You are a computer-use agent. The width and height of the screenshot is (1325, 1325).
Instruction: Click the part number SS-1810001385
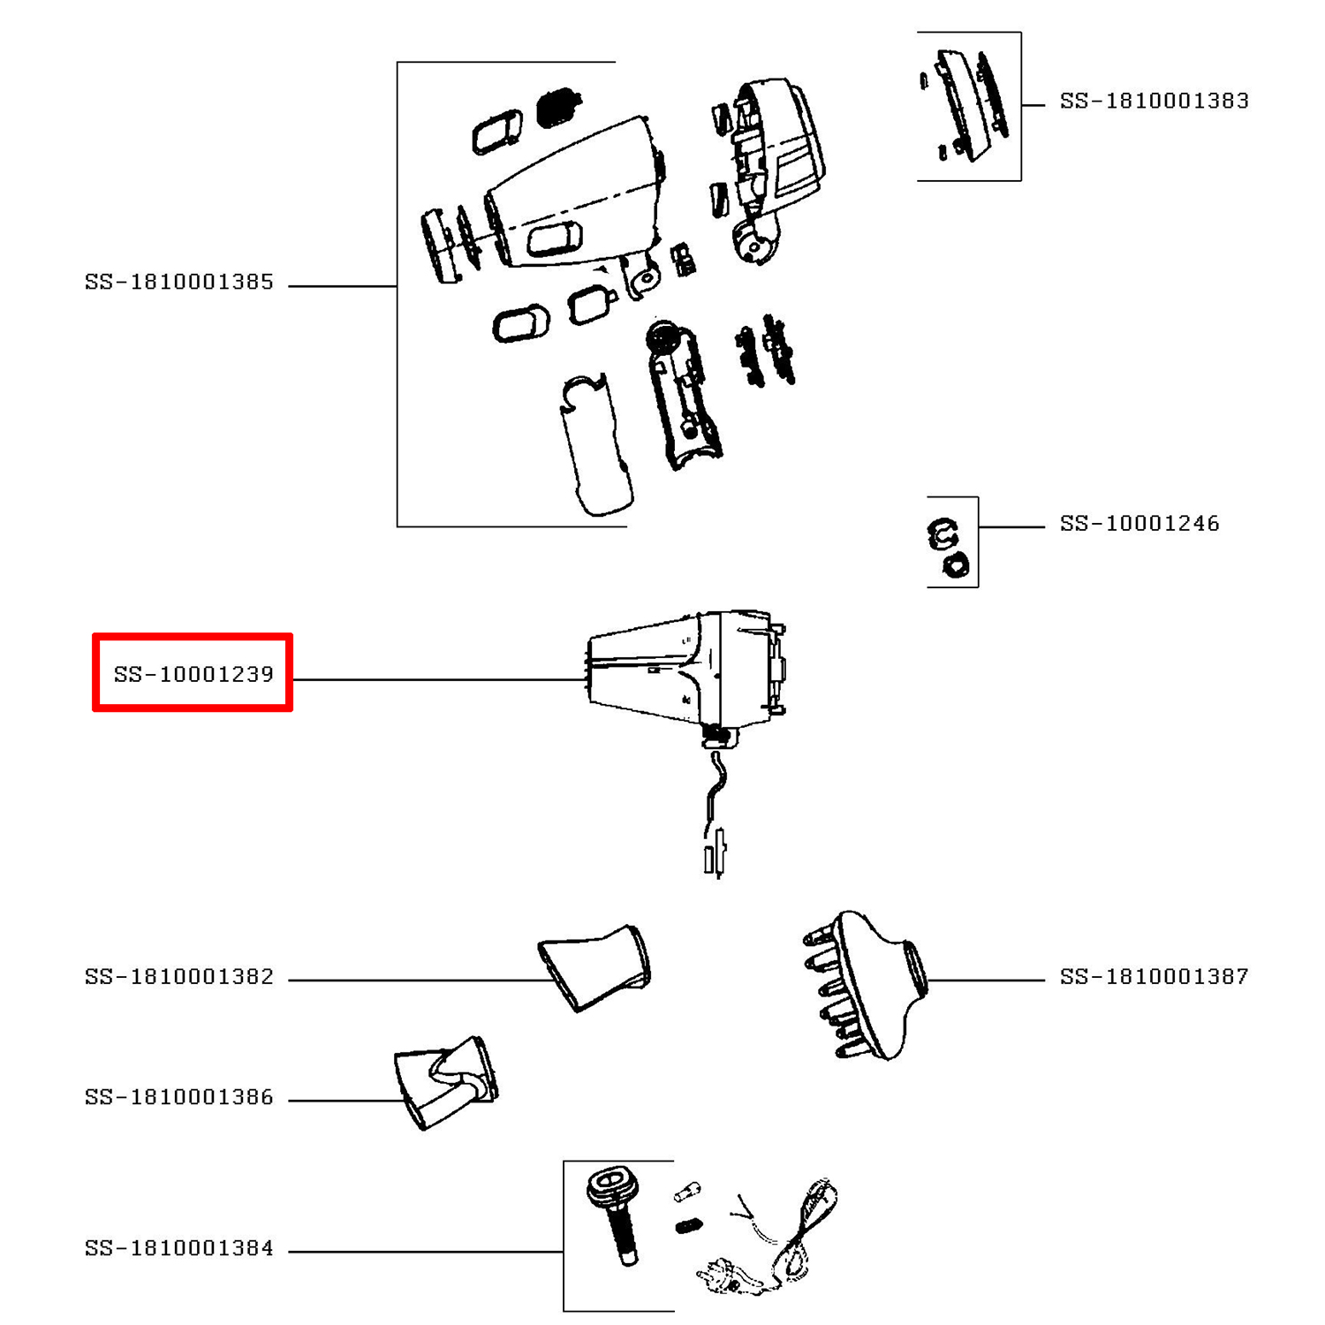(179, 283)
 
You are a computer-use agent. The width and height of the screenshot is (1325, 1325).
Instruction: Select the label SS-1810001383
(1154, 102)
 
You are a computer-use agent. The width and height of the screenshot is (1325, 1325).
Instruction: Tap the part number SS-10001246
(1139, 524)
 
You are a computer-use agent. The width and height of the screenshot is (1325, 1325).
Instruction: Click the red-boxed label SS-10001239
(193, 674)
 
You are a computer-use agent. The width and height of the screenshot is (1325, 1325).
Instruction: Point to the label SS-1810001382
(179, 977)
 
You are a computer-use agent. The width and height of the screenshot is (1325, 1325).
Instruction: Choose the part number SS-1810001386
(179, 1097)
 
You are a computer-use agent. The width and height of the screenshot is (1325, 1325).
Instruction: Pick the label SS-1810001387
(1154, 977)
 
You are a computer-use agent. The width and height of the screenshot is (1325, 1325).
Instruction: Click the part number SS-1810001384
(179, 1248)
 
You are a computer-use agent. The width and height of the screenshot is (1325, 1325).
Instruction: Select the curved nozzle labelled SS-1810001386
(446, 1081)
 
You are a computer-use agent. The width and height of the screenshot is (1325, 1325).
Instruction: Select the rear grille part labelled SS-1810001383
(967, 106)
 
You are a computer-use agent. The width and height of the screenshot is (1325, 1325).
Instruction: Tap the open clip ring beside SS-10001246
(943, 533)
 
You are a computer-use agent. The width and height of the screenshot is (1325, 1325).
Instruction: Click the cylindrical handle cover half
(596, 446)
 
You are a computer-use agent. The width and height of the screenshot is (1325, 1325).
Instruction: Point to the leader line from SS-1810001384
(424, 1252)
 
